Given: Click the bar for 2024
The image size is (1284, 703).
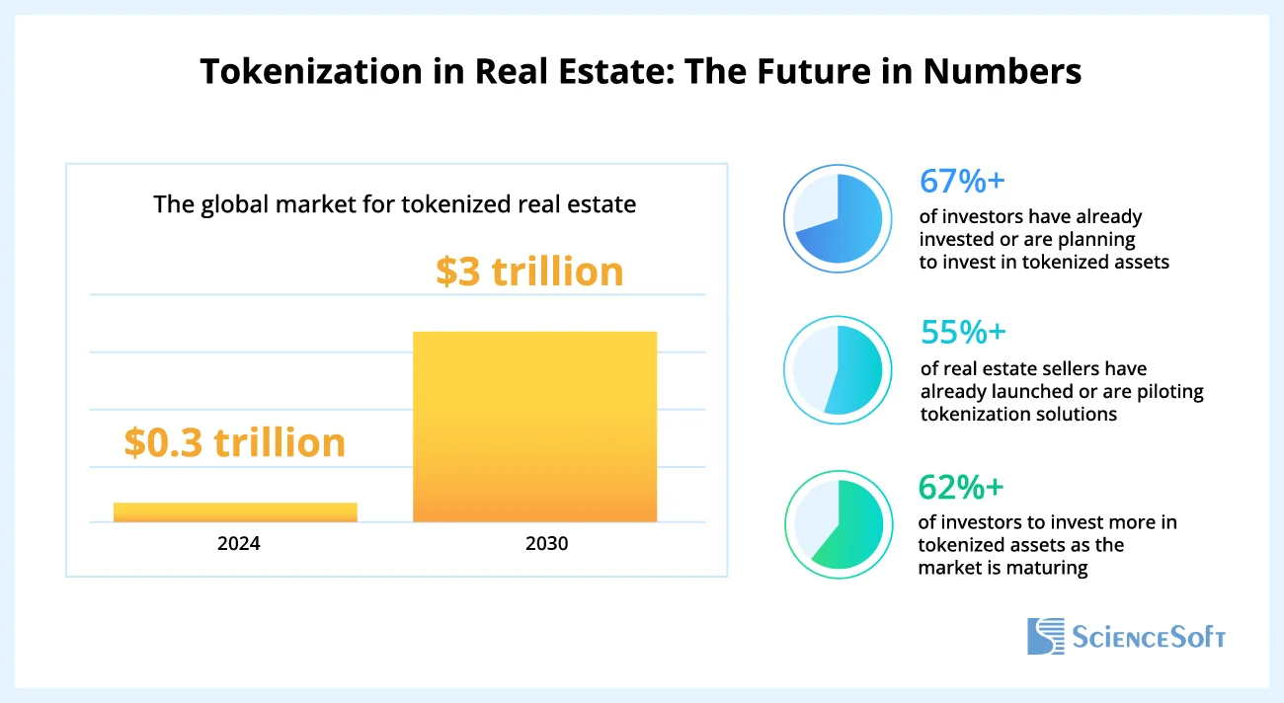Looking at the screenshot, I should (235, 511).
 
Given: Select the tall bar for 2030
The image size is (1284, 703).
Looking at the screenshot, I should (534, 427).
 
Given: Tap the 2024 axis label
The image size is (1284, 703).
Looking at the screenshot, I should (239, 543).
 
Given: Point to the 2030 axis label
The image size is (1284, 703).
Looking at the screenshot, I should (547, 543).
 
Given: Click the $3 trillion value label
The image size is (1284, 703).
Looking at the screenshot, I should (529, 272).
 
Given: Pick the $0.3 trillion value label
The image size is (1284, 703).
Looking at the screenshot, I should (235, 442).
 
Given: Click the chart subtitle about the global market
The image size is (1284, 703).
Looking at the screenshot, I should (395, 205).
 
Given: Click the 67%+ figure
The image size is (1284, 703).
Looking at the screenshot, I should (962, 181).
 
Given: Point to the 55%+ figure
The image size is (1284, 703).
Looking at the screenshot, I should (963, 333).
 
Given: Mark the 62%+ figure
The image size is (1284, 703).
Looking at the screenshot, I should (961, 487).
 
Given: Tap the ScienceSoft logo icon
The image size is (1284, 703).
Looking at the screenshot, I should (1046, 636).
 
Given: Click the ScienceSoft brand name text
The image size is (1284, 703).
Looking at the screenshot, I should (1149, 637).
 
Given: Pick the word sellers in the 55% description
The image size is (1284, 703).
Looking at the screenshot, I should (1062, 369).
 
